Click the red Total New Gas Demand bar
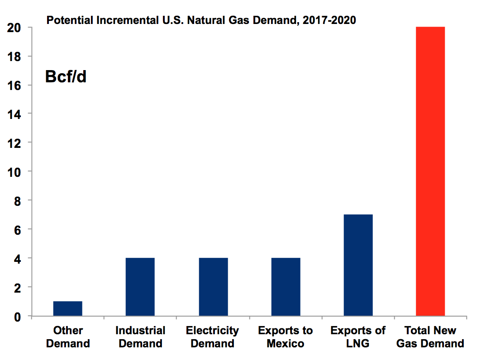(x=430, y=171)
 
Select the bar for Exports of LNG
(x=358, y=265)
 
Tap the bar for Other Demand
(x=68, y=308)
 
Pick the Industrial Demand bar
(x=140, y=287)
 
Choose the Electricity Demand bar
(x=213, y=287)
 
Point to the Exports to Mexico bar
(x=286, y=287)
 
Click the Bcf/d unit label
(x=66, y=77)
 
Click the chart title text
(x=201, y=20)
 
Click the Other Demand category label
(x=68, y=337)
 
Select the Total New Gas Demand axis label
(x=430, y=337)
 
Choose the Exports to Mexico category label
(x=285, y=337)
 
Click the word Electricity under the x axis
(x=212, y=331)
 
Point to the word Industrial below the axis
(x=140, y=331)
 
